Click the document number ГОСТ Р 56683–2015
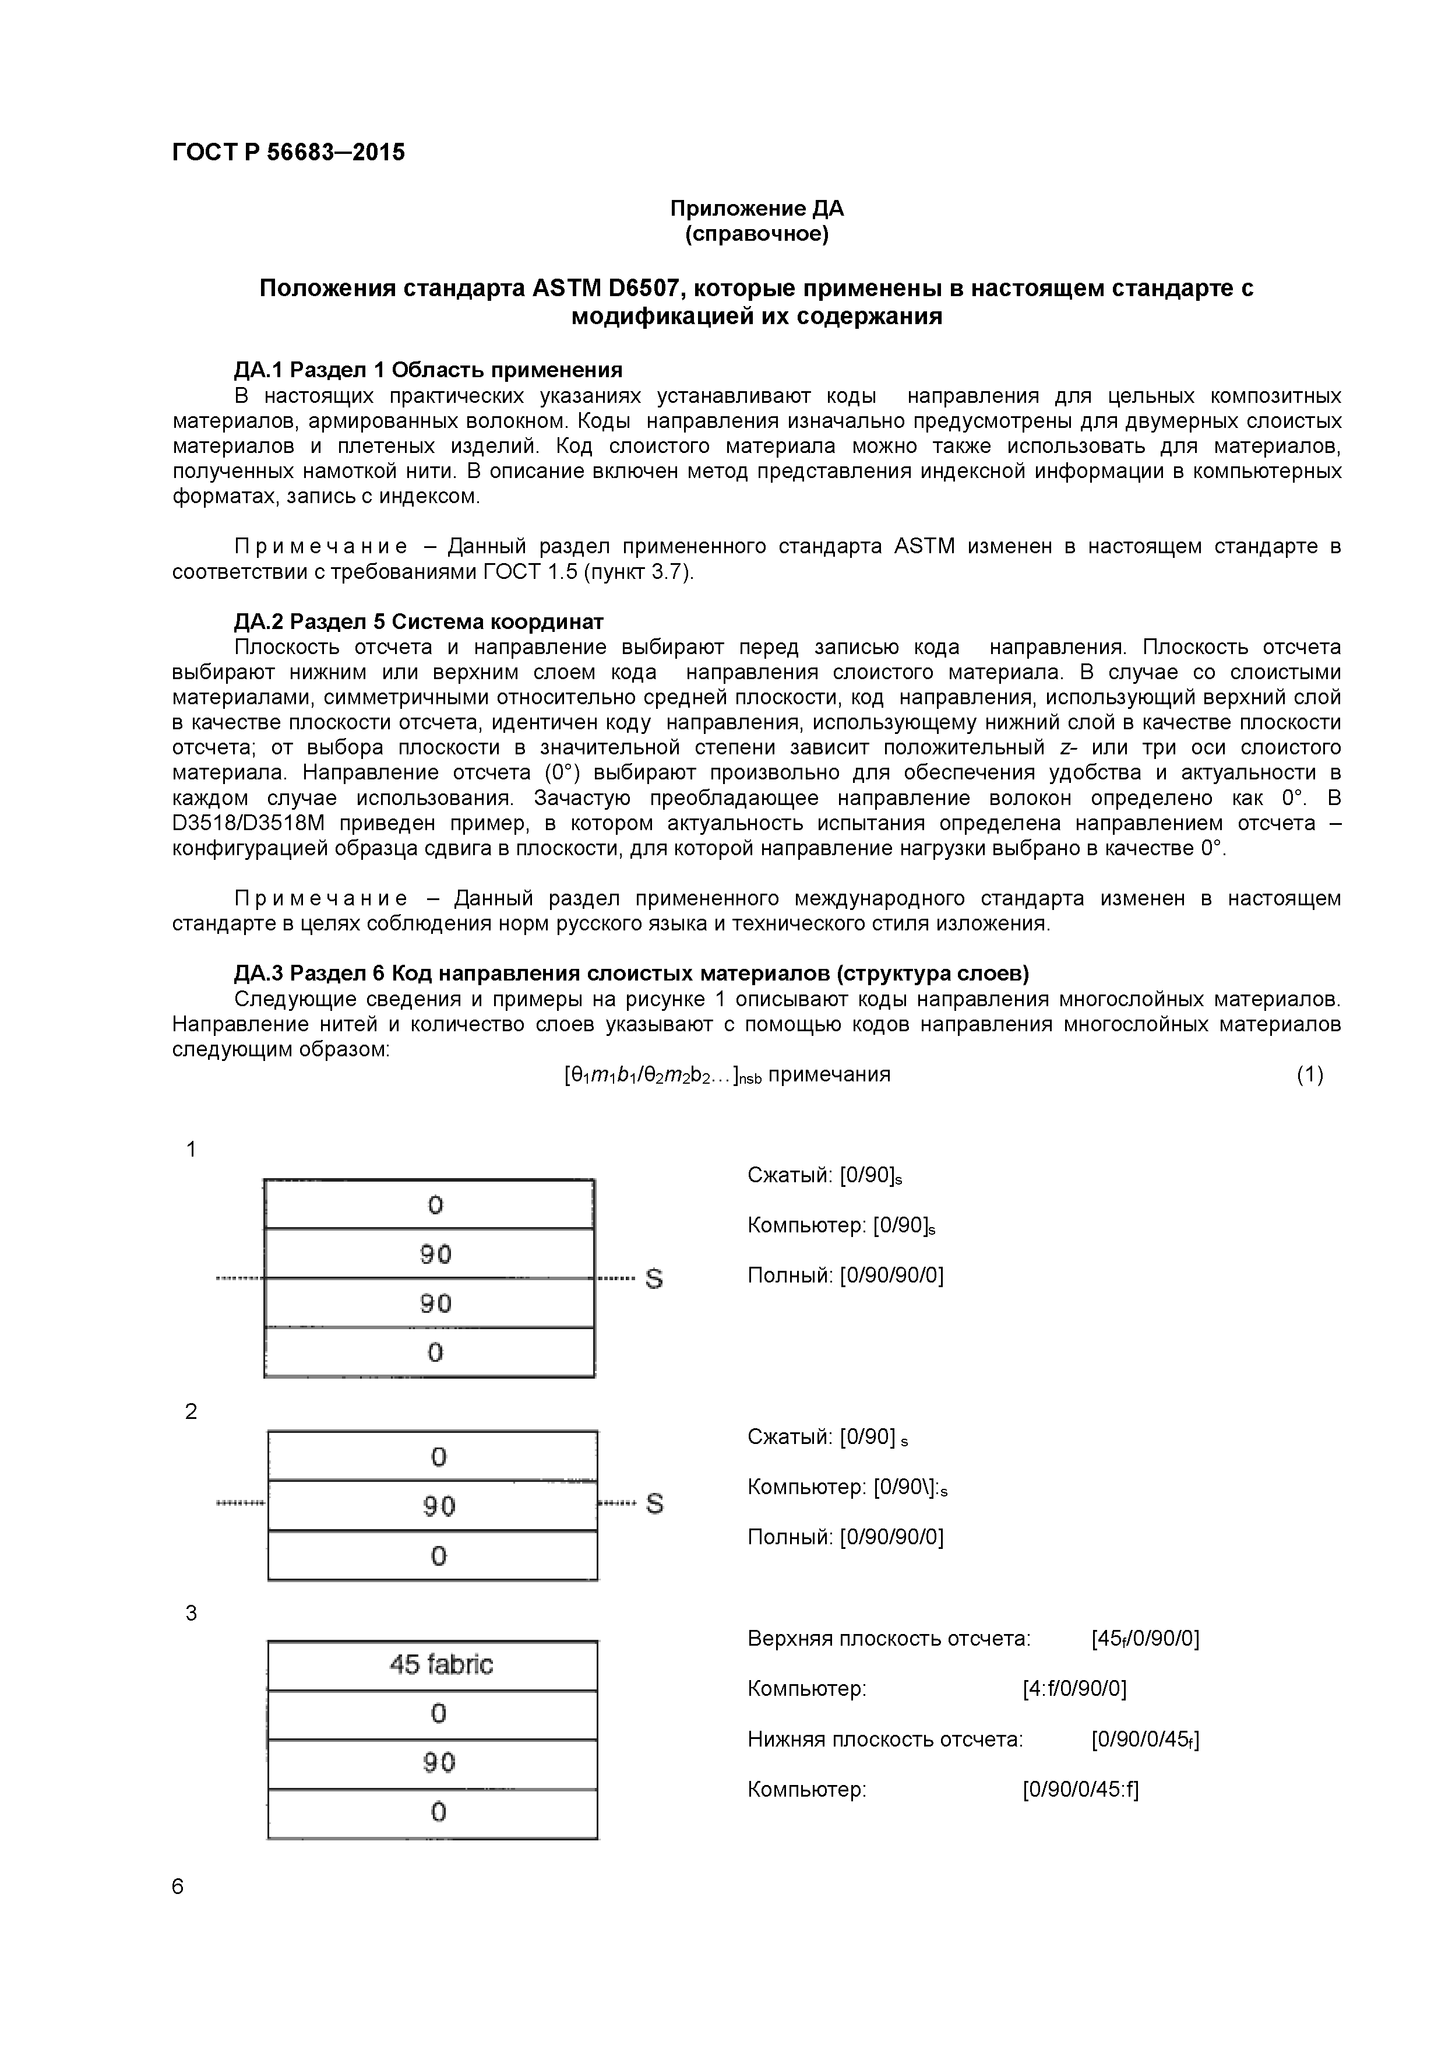pyautogui.click(x=288, y=152)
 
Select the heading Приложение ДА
pyautogui.click(x=756, y=209)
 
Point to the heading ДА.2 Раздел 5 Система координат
pyautogui.click(x=418, y=621)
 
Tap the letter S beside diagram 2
pyautogui.click(x=654, y=1503)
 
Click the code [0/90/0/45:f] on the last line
pyautogui.click(x=1080, y=1790)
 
